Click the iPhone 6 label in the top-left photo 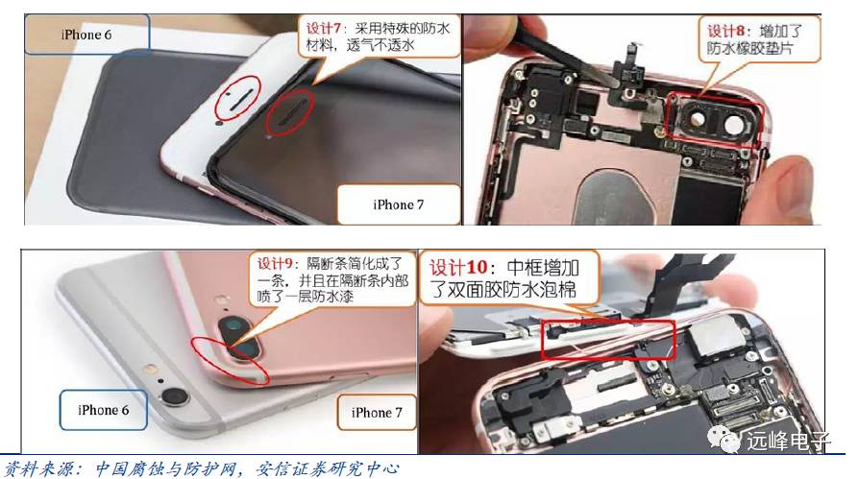point(86,35)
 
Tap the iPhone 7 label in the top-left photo point(399,204)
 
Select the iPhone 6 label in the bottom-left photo point(103,410)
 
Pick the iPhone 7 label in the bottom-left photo point(377,412)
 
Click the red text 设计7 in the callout point(323,28)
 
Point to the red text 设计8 point(725,31)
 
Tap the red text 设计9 point(276,263)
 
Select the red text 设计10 point(458,268)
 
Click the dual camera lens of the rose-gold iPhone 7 point(240,340)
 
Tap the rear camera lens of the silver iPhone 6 point(174,395)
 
